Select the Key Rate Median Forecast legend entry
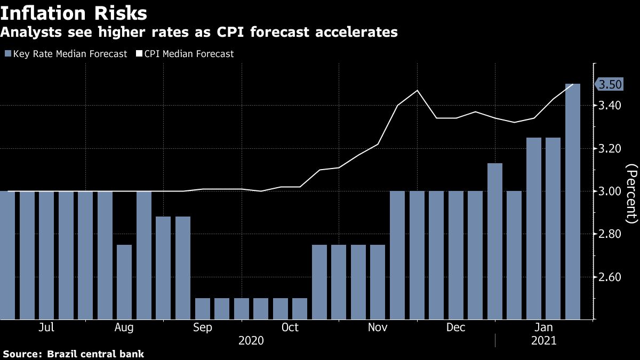pyautogui.click(x=66, y=54)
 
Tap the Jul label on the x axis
pyautogui.click(x=46, y=327)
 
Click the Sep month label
pyautogui.click(x=203, y=327)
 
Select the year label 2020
pyautogui.click(x=251, y=340)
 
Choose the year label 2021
pyautogui.click(x=544, y=340)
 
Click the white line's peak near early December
pyautogui.click(x=417, y=90)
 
